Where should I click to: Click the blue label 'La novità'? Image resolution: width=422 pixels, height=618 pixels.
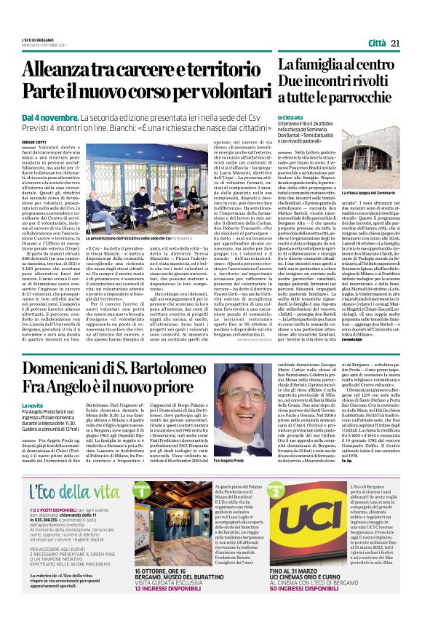tap(31, 405)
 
